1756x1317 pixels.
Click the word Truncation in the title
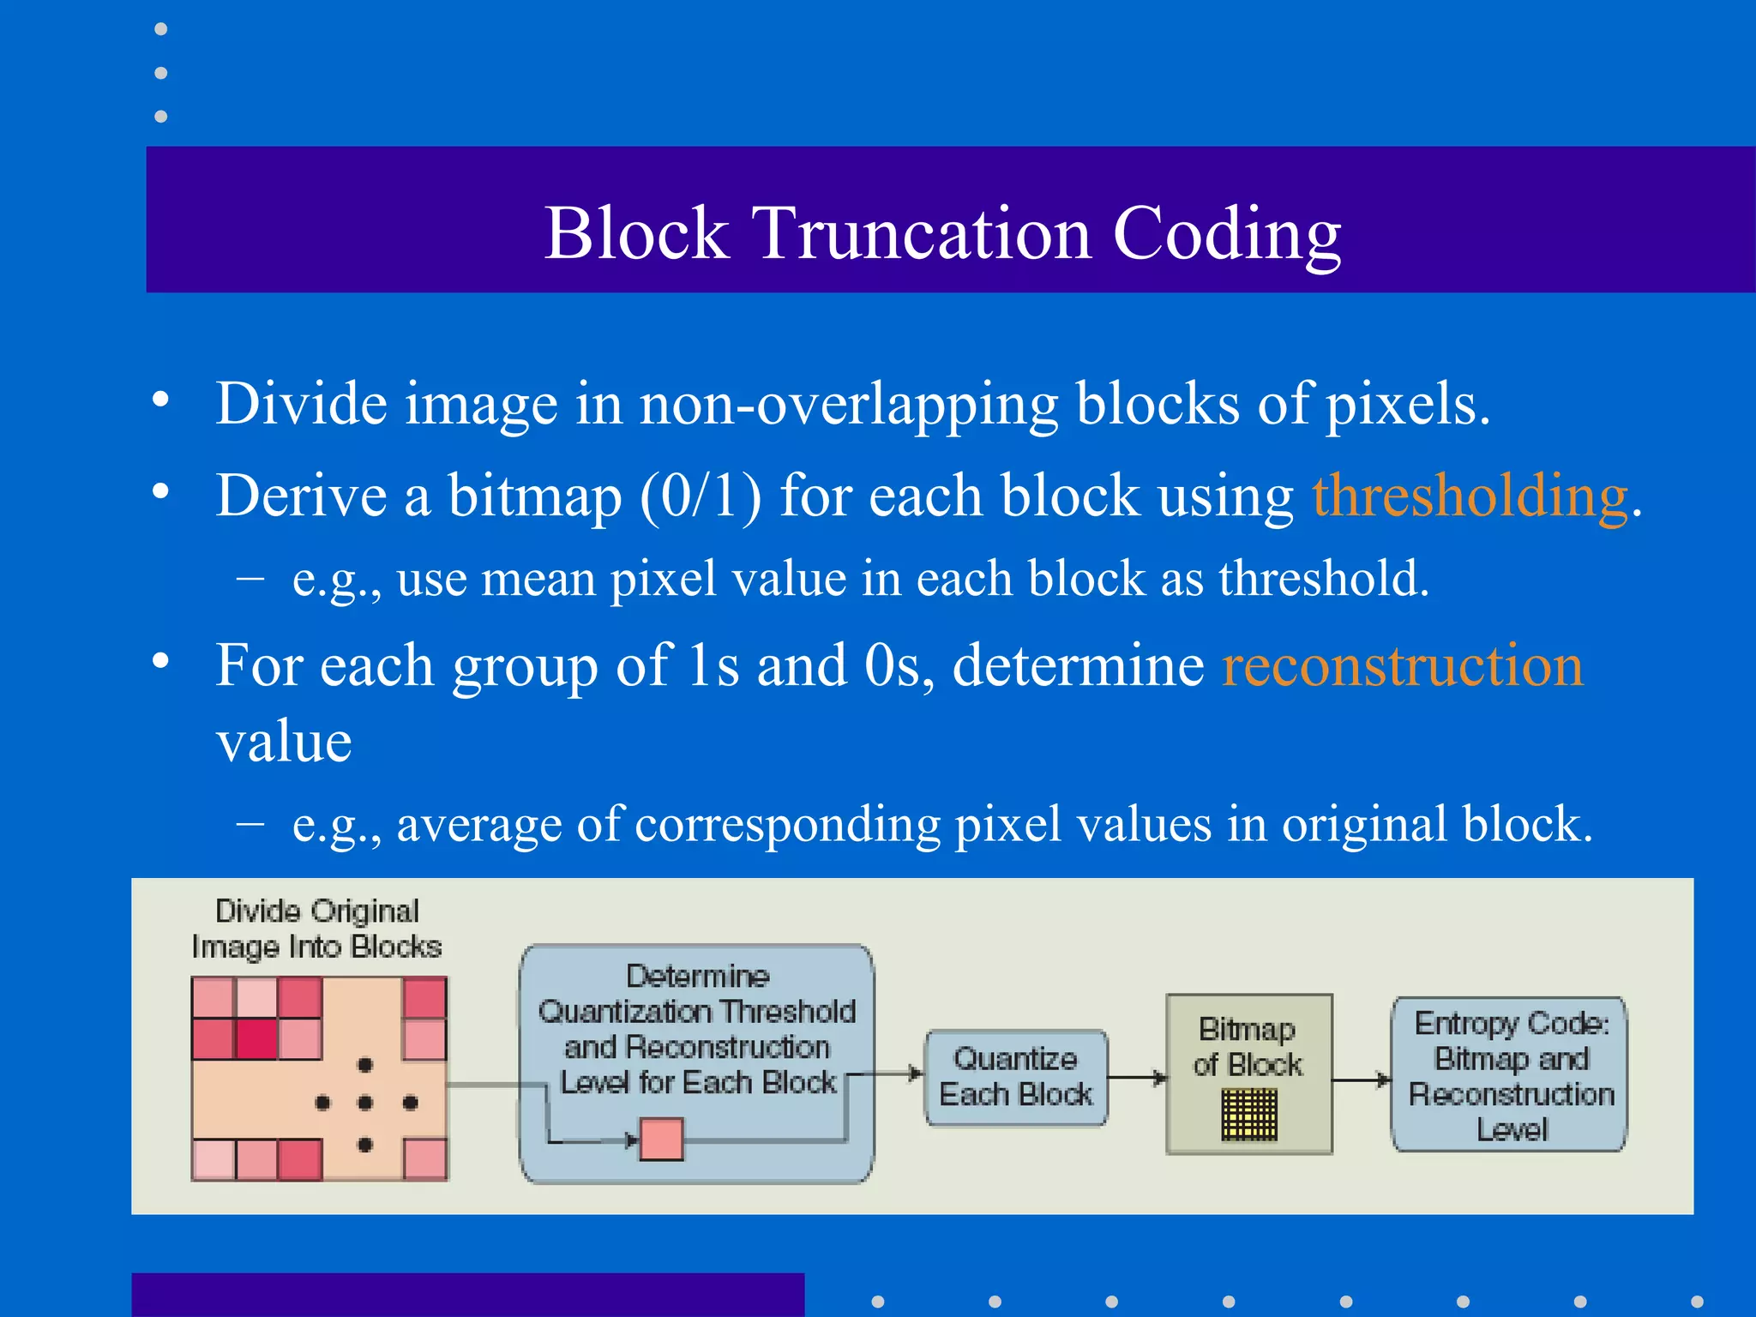pos(921,233)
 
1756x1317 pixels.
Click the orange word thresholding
pos(1470,496)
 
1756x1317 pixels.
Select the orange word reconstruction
pos(1402,665)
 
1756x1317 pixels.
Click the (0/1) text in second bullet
pos(701,496)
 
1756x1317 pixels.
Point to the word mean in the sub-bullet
pos(537,579)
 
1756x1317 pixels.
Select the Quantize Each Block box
pos(1015,1077)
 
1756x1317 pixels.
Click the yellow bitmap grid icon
pos(1248,1115)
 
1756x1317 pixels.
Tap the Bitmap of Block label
pos(1248,1046)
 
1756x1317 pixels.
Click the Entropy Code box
pos(1509,1075)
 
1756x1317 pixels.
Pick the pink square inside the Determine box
pos(661,1140)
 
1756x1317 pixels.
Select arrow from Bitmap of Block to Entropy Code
pos(1362,1079)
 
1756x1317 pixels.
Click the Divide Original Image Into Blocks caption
pos(316,929)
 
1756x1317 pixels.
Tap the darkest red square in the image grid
pos(256,1039)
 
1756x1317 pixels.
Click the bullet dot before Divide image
pos(160,400)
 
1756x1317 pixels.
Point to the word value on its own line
pos(284,742)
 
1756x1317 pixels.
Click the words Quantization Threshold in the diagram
pos(696,1012)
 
